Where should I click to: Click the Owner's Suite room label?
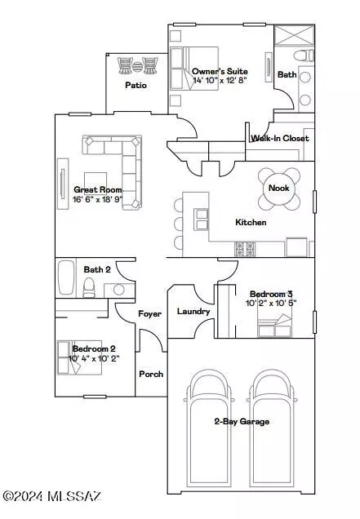click(x=220, y=72)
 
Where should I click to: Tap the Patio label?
click(x=136, y=85)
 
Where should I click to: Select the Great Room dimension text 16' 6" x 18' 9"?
click(x=97, y=199)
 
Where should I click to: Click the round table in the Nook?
click(x=279, y=189)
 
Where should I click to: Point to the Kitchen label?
click(x=251, y=222)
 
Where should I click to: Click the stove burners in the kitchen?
click(x=245, y=249)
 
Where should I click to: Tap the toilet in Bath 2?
click(x=89, y=287)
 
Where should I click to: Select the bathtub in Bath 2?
click(x=66, y=277)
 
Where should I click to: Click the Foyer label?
click(x=149, y=314)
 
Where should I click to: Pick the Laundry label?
click(x=193, y=311)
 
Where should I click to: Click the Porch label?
click(x=151, y=374)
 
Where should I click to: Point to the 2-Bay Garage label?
click(x=242, y=421)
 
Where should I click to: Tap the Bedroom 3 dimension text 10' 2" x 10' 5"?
click(x=271, y=303)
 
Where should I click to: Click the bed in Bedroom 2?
click(x=79, y=357)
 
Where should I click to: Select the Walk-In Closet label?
click(x=280, y=139)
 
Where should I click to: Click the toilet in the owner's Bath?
click(x=304, y=55)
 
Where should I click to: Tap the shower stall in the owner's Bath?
click(x=295, y=35)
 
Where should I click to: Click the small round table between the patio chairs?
click(x=137, y=67)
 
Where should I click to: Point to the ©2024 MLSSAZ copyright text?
click(x=52, y=496)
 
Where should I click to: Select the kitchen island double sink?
click(x=202, y=220)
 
